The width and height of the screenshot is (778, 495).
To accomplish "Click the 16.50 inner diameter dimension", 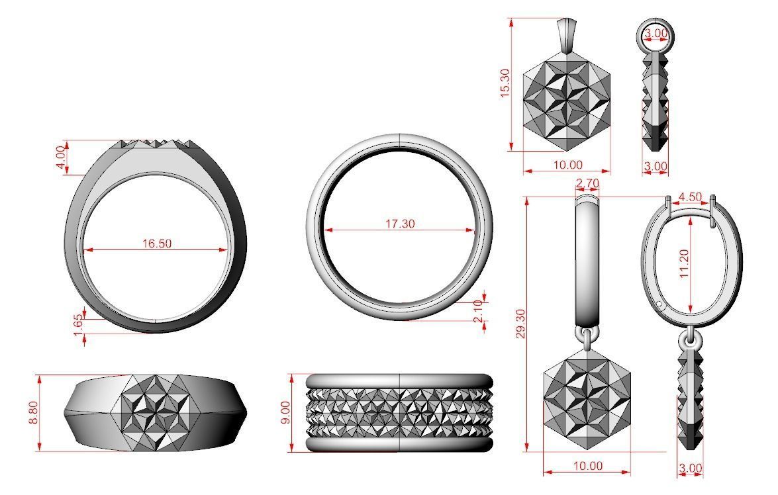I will tap(156, 243).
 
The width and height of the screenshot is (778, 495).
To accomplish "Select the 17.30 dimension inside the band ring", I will tap(400, 224).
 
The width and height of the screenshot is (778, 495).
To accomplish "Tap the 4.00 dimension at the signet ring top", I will tap(62, 157).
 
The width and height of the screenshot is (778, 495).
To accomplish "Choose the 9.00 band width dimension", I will tap(285, 413).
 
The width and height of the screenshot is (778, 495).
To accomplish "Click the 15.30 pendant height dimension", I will tap(505, 83).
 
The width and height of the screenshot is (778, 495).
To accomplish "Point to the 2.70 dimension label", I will tap(588, 183).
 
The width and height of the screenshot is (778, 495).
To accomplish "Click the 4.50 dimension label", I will tap(691, 197).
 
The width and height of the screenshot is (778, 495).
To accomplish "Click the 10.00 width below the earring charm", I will tap(587, 466).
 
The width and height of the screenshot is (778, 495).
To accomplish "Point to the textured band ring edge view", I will tap(399, 413).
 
